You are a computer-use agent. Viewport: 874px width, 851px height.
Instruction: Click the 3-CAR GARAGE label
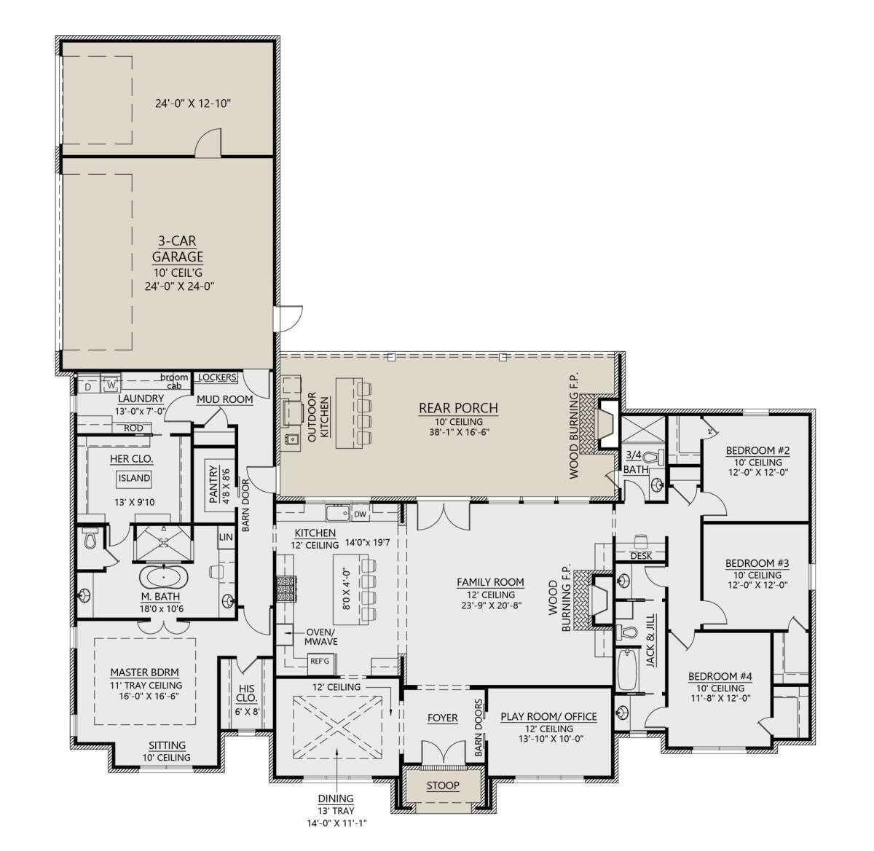pyautogui.click(x=178, y=249)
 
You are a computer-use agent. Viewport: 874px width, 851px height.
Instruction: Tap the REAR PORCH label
pyautogui.click(x=458, y=408)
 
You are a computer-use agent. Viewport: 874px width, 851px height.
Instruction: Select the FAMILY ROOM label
pyautogui.click(x=490, y=582)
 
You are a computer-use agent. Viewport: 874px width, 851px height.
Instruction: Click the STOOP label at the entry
pyautogui.click(x=443, y=785)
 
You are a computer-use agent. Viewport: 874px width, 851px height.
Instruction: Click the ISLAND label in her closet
pyautogui.click(x=134, y=478)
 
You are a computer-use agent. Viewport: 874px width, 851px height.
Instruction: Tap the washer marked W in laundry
pyautogui.click(x=111, y=385)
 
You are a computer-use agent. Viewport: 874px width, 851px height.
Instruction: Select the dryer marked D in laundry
pyautogui.click(x=88, y=386)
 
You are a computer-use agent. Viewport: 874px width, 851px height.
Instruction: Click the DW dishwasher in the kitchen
pyautogui.click(x=361, y=514)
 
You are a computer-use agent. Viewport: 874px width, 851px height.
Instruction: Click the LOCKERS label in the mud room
pyautogui.click(x=217, y=377)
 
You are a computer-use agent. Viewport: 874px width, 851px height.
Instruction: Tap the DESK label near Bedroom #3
pyautogui.click(x=641, y=556)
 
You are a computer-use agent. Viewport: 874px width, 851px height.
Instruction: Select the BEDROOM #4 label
pyautogui.click(x=720, y=676)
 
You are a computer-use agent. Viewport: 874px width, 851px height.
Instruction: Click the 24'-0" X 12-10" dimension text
pyautogui.click(x=193, y=103)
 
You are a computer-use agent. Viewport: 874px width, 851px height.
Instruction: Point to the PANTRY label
pyautogui.click(x=213, y=484)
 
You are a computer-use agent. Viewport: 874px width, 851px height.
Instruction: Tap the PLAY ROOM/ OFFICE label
pyautogui.click(x=549, y=717)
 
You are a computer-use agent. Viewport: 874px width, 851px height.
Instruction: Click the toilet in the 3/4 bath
pyautogui.click(x=655, y=458)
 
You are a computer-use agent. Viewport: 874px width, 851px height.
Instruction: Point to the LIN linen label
pyautogui.click(x=226, y=537)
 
